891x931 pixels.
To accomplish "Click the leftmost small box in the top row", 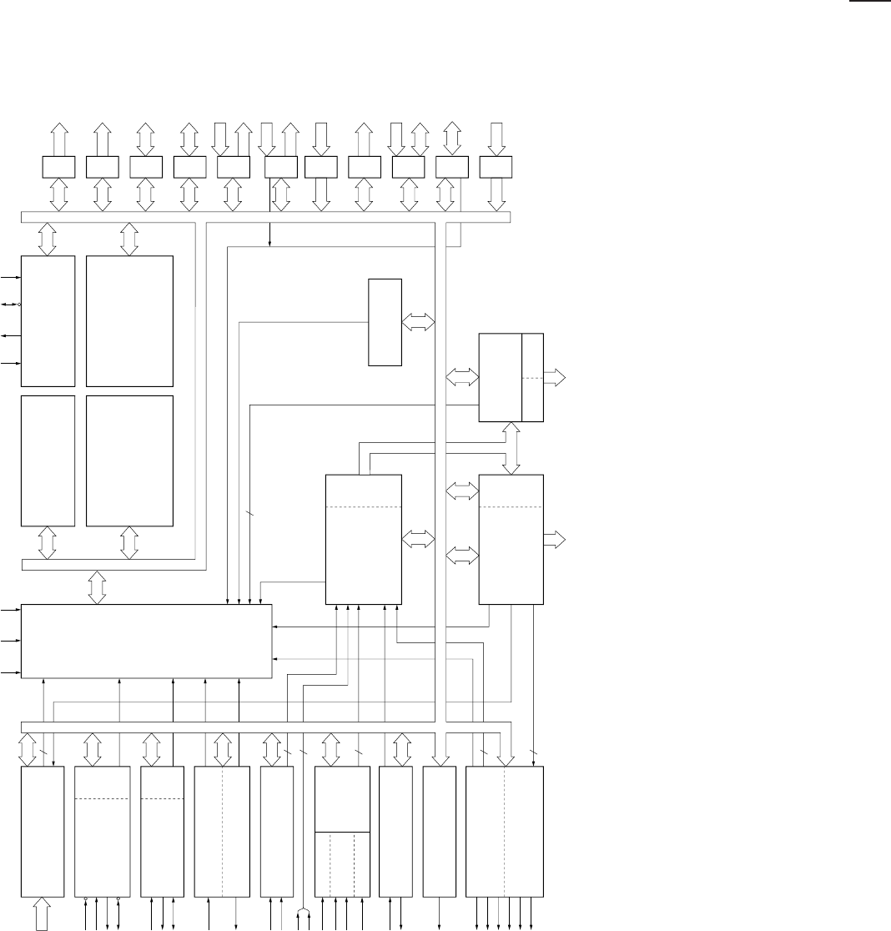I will tap(58, 167).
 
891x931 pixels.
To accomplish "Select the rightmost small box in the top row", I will tap(496, 167).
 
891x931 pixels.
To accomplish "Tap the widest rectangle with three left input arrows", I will tap(146, 641).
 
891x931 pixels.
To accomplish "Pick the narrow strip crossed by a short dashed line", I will tap(532, 377).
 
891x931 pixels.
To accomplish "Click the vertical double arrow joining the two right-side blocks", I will tap(512, 448).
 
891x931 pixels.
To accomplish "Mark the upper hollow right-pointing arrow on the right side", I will tap(554, 378).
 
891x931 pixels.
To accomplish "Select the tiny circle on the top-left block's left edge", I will tap(20, 304).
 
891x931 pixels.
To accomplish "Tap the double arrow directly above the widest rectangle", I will tap(98, 586).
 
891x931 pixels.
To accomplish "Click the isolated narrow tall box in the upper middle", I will tap(385, 321).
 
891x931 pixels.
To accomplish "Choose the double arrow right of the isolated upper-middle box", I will tap(419, 321).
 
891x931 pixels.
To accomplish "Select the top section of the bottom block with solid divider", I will tap(342, 798).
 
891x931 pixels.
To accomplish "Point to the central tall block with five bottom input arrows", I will tap(363, 538).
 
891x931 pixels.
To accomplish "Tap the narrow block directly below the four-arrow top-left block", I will tap(48, 460).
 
